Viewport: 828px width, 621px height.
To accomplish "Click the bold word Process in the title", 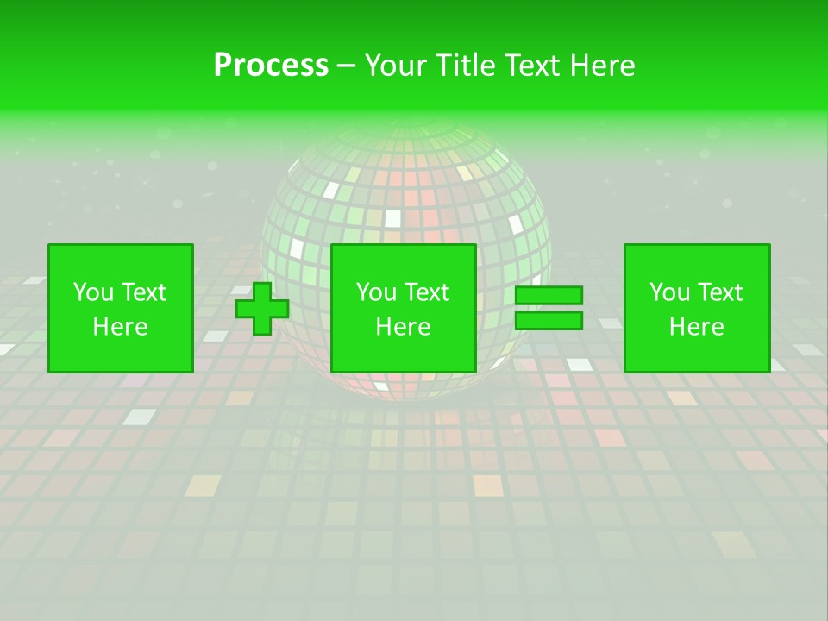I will coord(271,66).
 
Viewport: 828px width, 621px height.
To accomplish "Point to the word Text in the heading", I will coord(530,66).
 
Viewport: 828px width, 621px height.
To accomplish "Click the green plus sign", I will coord(262,309).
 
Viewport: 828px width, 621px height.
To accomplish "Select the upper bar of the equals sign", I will coord(549,296).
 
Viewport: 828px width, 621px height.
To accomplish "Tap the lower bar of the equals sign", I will coord(549,321).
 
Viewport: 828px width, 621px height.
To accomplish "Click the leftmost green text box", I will coord(121,309).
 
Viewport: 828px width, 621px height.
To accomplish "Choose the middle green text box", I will coord(404,309).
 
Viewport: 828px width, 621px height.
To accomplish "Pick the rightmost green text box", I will coord(697,309).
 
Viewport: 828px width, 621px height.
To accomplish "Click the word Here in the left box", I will coord(121,327).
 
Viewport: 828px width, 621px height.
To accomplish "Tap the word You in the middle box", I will coord(376,292).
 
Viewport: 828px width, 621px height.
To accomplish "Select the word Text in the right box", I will coord(719,292).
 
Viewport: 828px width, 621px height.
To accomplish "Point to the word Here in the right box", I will coord(697,327).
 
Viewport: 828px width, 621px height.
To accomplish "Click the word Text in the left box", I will coord(143,292).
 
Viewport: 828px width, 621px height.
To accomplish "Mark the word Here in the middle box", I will coord(404,327).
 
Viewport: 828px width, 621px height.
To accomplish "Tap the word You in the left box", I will coord(93,292).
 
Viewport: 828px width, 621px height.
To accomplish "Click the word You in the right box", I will coord(669,292).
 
